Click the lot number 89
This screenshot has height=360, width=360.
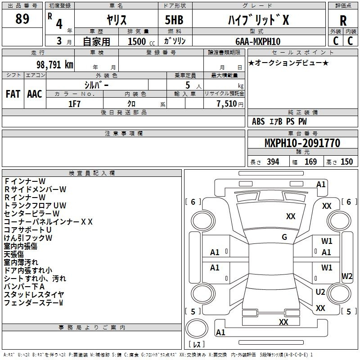[22, 18]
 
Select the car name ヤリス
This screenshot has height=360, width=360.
[117, 20]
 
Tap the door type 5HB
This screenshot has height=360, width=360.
[174, 20]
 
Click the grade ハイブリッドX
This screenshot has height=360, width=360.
[258, 20]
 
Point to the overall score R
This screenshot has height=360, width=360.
[343, 21]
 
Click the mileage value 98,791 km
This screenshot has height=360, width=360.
[55, 65]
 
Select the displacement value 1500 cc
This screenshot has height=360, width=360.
[141, 41]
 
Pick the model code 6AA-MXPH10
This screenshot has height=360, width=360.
[258, 41]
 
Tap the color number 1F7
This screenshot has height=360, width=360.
[74, 104]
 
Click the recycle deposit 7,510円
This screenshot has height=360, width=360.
[230, 104]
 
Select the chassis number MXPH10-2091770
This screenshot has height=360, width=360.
[302, 143]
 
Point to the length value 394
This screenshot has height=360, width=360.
[273, 162]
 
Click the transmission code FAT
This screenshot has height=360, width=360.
[13, 94]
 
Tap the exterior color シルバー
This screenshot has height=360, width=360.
[96, 85]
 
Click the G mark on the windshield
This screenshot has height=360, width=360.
[284, 237]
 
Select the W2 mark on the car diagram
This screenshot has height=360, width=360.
[347, 276]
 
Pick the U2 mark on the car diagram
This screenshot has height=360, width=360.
[320, 292]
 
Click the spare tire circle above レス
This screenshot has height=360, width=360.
[197, 328]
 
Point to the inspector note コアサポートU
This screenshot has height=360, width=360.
[27, 230]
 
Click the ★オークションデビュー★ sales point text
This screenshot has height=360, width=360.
[288, 63]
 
